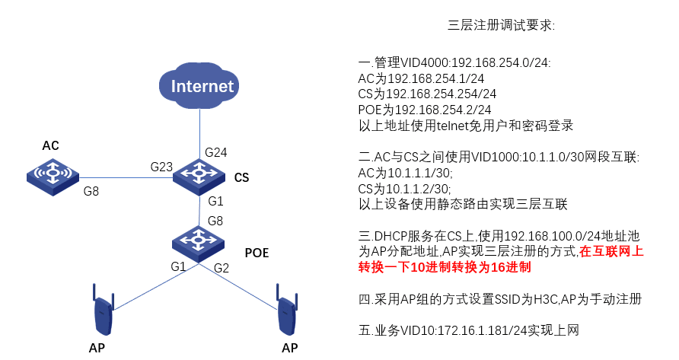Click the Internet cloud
(x=201, y=84)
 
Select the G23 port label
(x=162, y=167)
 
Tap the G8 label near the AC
(x=91, y=192)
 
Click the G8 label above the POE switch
(x=216, y=221)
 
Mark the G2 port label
(x=222, y=267)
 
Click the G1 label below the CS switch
(x=216, y=202)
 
